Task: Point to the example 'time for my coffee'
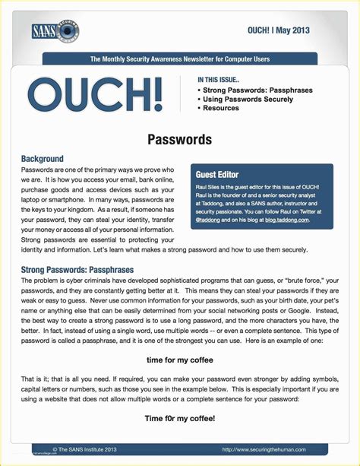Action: tap(179, 360)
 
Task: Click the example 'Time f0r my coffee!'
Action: tap(179, 418)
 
